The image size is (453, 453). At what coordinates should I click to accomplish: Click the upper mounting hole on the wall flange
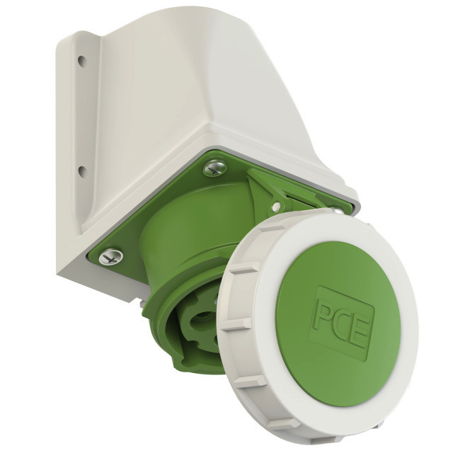pos(82,61)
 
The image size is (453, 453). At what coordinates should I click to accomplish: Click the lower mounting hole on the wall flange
pos(82,171)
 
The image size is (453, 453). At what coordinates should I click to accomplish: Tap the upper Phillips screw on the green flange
pos(214,168)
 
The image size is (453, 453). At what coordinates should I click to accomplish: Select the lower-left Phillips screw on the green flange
pos(110,256)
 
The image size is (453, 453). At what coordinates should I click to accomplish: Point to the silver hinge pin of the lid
pos(276,207)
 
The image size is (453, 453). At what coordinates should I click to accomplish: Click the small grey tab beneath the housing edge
pos(142,304)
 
